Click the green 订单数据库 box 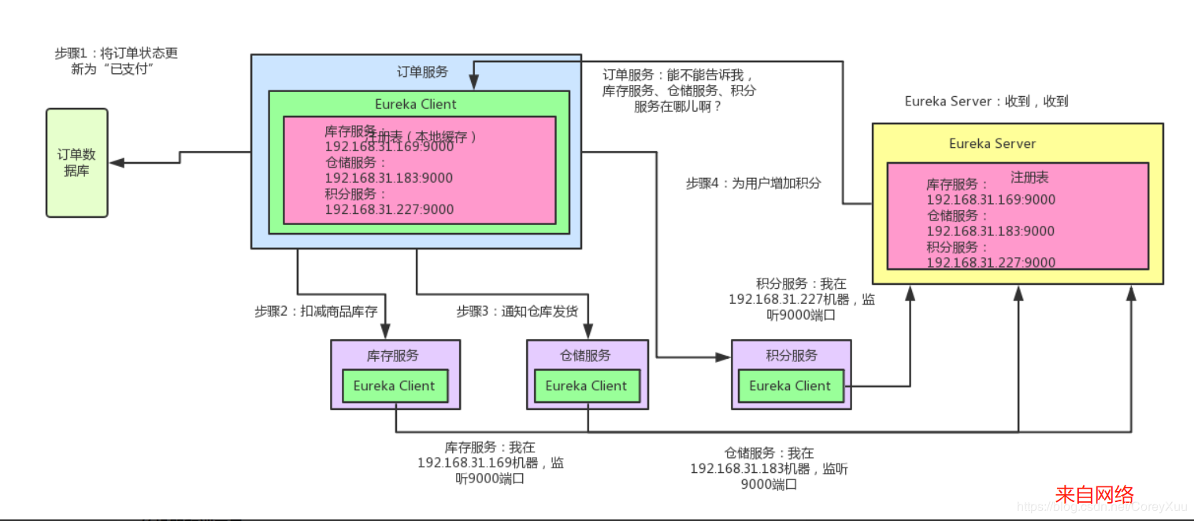click(x=76, y=163)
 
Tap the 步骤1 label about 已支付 click(x=116, y=61)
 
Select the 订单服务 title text click(x=422, y=72)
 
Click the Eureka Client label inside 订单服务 click(x=415, y=104)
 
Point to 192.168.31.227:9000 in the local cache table click(x=389, y=209)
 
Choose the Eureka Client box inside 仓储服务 click(x=586, y=386)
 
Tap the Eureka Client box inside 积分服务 click(x=790, y=386)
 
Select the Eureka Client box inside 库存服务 click(x=394, y=386)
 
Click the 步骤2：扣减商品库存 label click(x=316, y=311)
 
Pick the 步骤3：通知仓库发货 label click(x=517, y=311)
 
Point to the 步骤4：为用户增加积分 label click(x=753, y=183)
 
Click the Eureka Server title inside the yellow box click(x=992, y=143)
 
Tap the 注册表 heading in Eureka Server click(x=1029, y=177)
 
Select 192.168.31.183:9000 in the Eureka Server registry click(x=991, y=231)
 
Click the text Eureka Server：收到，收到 click(x=986, y=102)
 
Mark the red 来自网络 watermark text click(x=1094, y=494)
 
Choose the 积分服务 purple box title click(x=792, y=356)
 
